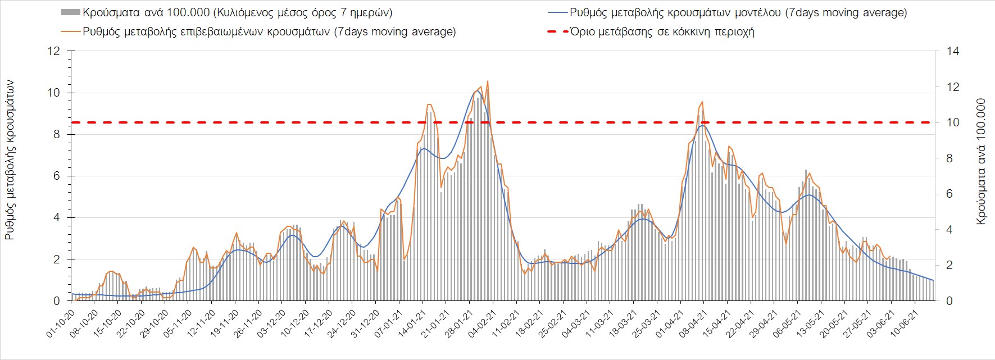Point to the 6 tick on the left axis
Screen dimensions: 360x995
(56, 176)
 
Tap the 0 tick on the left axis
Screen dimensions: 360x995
(56, 301)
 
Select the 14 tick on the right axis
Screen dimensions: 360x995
(953, 51)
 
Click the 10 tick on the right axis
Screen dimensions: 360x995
(953, 122)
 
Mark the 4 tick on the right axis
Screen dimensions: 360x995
(949, 230)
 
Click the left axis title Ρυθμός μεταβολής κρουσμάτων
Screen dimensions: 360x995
(10, 160)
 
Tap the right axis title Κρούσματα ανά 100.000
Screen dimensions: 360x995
(981, 162)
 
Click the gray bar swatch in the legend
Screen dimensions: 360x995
(70, 12)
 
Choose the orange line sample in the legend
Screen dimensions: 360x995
(70, 31)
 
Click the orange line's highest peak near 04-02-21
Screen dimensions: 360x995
(487, 81)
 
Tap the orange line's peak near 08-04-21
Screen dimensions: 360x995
(702, 102)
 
